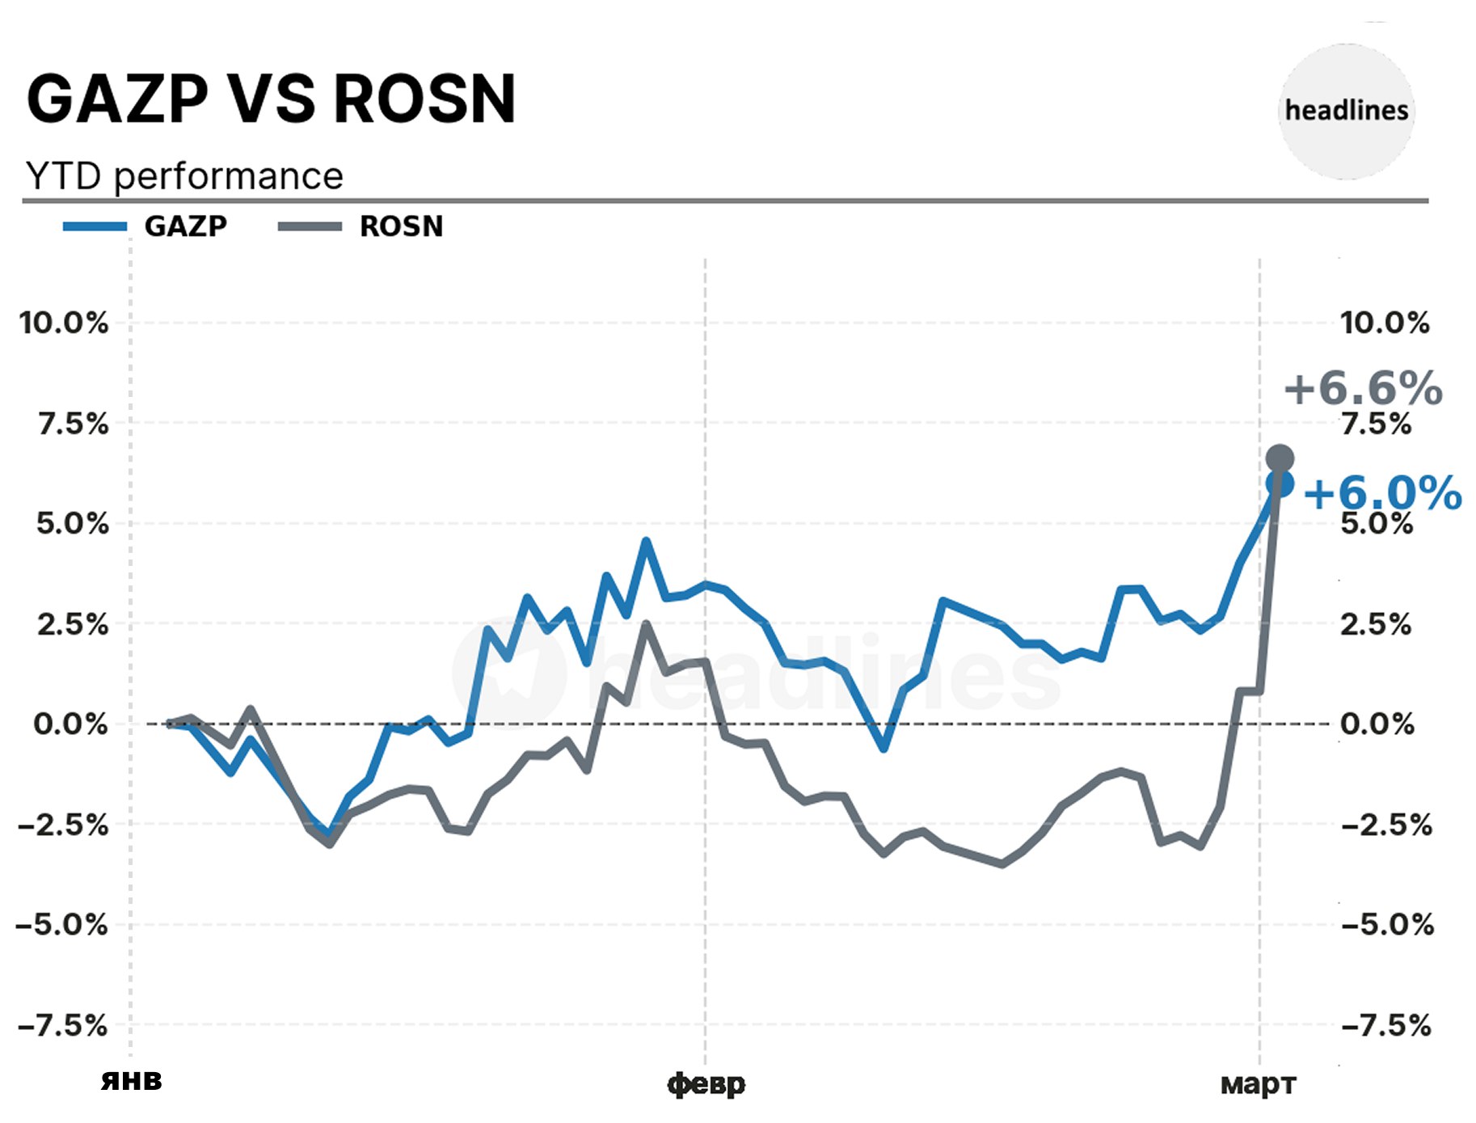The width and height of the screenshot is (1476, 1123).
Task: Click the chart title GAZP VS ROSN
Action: pos(271,99)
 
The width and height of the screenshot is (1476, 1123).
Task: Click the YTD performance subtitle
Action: pos(184,176)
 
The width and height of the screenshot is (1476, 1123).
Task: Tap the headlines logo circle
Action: pos(1347,111)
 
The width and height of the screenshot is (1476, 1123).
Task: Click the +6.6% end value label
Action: pos(1363,388)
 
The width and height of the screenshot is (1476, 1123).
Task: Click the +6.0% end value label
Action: pos(1382,493)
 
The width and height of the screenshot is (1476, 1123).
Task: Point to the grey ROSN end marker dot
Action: pos(1280,458)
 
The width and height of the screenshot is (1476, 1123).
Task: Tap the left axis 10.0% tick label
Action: pos(64,323)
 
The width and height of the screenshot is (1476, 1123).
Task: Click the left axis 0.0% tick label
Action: pos(70,724)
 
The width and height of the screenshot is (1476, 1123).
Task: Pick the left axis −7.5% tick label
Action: pos(62,1026)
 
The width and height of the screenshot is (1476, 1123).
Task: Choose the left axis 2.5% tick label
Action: pos(72,624)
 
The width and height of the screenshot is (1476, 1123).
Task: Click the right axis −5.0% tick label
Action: pos(1387,924)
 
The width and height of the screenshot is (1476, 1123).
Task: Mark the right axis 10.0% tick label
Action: pos(1385,323)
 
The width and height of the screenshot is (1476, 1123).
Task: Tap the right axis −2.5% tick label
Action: pos(1386,825)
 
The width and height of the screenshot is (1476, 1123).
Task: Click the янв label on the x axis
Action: pos(131,1081)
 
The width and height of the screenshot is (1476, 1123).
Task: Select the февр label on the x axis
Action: pos(706,1083)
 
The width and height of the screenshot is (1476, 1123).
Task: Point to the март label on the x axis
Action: pos(1258,1083)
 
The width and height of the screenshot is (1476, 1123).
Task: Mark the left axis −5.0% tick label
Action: pos(62,924)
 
